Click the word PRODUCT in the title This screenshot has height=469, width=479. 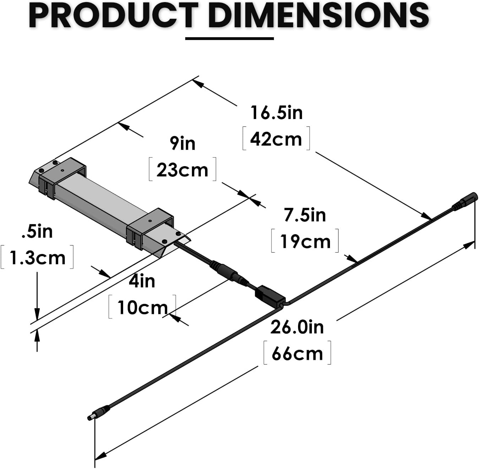113,16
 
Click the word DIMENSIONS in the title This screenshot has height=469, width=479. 318,16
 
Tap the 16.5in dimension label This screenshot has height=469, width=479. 276,113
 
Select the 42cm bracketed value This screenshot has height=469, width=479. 276,139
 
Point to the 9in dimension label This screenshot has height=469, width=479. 182,143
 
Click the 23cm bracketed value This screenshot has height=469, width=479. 182,170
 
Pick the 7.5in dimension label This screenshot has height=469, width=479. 305,215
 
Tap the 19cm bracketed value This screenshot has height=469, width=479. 305,242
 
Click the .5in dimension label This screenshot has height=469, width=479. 37,231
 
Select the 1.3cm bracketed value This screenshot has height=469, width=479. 38,258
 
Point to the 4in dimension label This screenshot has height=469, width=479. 142,281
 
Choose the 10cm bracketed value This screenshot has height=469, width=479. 142,307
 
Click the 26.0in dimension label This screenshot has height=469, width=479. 297,327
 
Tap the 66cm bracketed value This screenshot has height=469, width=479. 297,353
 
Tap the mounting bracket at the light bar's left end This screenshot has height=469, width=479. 62,177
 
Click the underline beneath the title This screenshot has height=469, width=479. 230,38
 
